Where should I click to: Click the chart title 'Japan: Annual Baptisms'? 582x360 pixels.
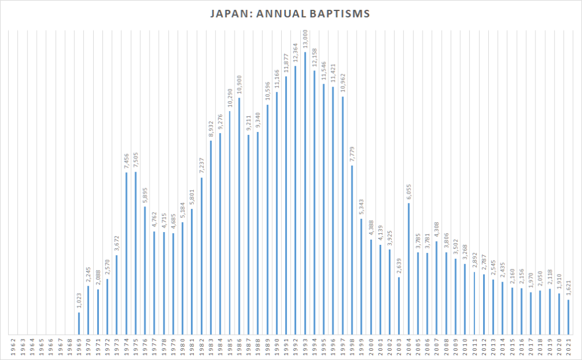click(290, 13)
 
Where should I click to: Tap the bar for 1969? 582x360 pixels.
click(79, 323)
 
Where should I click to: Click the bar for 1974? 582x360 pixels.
click(126, 254)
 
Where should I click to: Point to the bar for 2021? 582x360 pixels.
click(568, 317)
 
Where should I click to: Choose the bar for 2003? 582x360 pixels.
click(399, 306)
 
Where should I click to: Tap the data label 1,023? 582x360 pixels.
click(79, 301)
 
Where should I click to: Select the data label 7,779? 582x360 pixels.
click(352, 154)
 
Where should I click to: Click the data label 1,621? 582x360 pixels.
click(568, 288)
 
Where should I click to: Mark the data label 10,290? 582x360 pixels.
click(229, 97)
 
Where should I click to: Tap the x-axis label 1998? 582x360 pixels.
click(352, 347)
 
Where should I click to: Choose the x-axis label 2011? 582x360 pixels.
click(474, 347)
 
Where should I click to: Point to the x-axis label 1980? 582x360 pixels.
click(182, 347)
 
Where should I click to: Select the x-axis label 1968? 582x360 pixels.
click(69, 347)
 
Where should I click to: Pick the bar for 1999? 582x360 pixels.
click(361, 277)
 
